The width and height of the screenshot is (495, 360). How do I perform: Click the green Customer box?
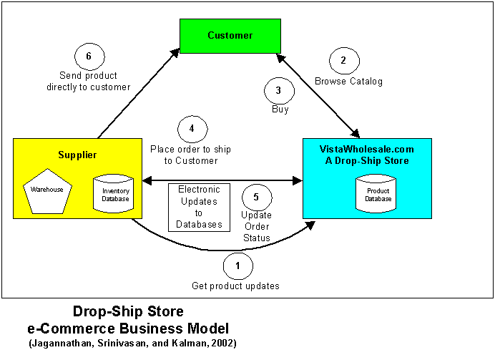point(230,36)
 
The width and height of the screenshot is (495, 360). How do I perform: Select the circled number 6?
point(89,57)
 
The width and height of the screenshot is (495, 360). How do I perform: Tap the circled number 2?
point(344,61)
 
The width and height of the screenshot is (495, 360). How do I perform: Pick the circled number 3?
point(280,91)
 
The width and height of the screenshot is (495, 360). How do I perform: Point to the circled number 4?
point(192,129)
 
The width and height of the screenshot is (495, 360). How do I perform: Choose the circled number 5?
point(257,198)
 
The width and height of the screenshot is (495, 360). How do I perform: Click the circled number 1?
point(238,266)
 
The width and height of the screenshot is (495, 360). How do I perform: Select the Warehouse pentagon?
point(48,191)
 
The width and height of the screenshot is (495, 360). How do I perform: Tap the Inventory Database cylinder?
point(113,193)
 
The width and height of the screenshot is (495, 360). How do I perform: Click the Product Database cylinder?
point(376,193)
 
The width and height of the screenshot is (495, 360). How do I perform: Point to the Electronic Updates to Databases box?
point(199,208)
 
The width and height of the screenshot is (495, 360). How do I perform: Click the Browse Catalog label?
point(348,82)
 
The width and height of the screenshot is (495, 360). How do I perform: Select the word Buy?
point(280,110)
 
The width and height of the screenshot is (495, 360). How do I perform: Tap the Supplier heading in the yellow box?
point(77,155)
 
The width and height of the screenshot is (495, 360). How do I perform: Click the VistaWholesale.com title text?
point(366,149)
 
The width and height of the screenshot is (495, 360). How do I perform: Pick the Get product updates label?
point(235,286)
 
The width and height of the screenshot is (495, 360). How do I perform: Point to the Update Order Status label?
point(257,226)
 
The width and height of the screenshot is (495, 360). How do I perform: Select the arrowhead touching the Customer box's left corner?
point(175,54)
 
